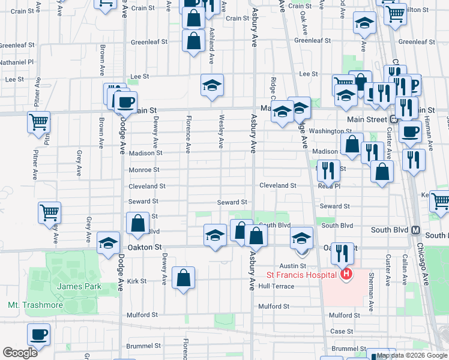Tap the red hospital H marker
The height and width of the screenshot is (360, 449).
pyautogui.click(x=346, y=275)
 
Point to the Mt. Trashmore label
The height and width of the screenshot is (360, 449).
pyautogui.click(x=35, y=305)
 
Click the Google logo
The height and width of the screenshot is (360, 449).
pyautogui.click(x=20, y=353)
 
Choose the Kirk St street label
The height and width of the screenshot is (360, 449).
pyautogui.click(x=137, y=281)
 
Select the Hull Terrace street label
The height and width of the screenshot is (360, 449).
pyautogui.click(x=276, y=286)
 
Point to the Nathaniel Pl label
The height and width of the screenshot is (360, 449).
pyautogui.click(x=17, y=61)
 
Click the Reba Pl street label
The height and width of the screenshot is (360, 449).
pyautogui.click(x=329, y=186)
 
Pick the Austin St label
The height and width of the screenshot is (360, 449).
pyautogui.click(x=293, y=265)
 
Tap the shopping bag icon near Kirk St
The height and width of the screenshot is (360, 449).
pyautogui.click(x=184, y=278)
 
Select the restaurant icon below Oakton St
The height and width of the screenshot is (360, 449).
pyautogui.click(x=343, y=254)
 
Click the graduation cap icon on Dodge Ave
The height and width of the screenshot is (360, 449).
pyautogui.click(x=108, y=243)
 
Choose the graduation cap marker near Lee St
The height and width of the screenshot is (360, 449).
pyautogui.click(x=212, y=85)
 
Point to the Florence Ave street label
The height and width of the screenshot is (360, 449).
pyautogui.click(x=188, y=134)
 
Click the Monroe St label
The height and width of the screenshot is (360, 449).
pyautogui.click(x=144, y=170)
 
